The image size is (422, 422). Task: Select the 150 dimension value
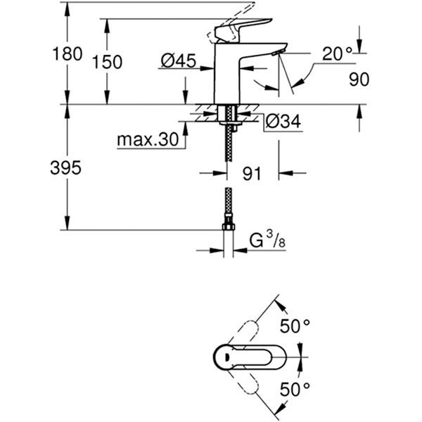coord(108,62)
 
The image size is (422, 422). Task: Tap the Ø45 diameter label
coord(177,62)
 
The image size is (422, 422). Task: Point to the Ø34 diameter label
coord(283,122)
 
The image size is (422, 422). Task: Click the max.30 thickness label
coord(148,140)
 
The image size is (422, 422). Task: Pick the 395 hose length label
coord(67,167)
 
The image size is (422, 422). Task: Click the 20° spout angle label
coord(337,53)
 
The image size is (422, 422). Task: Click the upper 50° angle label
coord(295,326)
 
